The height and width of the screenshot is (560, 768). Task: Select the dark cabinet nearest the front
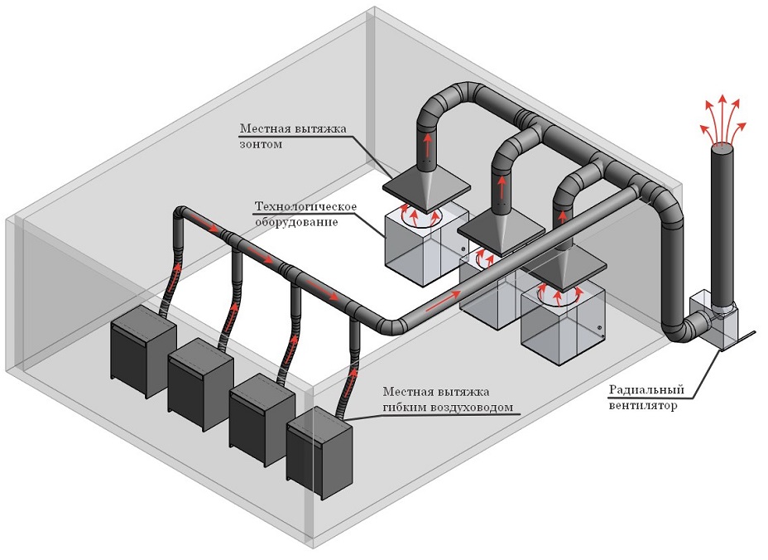click(319, 452)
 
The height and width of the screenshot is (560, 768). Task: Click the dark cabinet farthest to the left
click(143, 347)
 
